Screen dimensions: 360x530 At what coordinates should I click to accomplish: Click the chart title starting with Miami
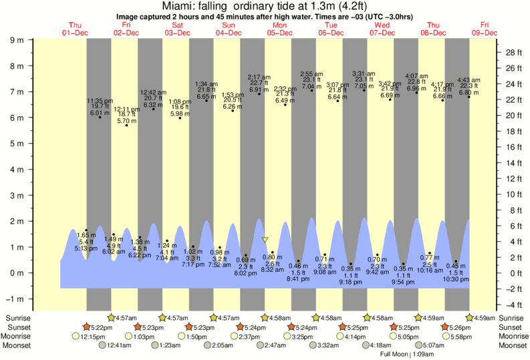click(265, 5)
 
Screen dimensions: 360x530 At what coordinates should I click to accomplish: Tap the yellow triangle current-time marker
click(265, 239)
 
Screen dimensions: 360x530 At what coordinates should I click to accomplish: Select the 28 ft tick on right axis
click(513, 52)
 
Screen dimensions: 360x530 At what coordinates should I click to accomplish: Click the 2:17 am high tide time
click(259, 77)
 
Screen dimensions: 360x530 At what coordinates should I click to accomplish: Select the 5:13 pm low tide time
click(86, 248)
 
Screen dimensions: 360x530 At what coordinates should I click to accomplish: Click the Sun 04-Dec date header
click(228, 28)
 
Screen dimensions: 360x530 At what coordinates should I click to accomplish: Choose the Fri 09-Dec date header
click(484, 28)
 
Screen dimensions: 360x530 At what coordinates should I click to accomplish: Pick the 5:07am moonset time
click(435, 345)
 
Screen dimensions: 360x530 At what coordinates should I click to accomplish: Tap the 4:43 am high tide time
click(469, 80)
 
